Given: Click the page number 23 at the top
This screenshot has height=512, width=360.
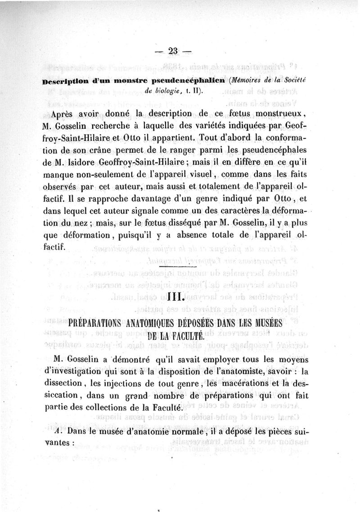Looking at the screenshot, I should [173, 51].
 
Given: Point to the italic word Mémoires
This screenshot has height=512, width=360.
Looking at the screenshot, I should [248, 82].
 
